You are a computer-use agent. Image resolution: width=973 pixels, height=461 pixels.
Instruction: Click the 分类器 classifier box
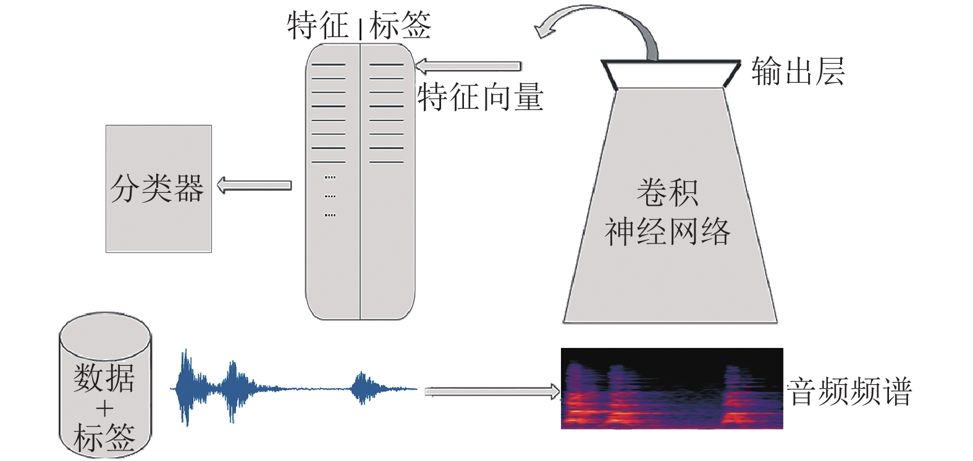159,188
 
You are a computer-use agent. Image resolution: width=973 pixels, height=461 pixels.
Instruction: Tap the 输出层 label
798,72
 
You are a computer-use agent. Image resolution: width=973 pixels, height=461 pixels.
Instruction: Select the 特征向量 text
481,97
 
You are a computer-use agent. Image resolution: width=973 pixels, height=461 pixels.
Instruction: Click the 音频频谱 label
849,391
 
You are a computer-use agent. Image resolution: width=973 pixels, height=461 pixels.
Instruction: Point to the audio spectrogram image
672,389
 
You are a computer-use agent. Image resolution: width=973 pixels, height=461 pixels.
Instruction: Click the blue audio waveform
293,387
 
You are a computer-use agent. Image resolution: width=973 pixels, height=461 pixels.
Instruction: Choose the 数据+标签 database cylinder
105,384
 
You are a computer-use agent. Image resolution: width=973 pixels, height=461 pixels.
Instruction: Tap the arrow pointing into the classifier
254,185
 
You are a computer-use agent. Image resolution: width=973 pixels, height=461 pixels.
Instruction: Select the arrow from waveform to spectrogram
492,392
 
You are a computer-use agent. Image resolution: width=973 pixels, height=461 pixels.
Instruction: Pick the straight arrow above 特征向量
468,66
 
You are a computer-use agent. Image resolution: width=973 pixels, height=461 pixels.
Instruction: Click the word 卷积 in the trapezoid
668,192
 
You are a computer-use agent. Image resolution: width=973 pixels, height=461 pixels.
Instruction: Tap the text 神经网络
668,232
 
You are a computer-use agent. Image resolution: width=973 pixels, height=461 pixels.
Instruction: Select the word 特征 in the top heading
318,25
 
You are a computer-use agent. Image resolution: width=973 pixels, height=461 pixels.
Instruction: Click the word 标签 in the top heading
400,25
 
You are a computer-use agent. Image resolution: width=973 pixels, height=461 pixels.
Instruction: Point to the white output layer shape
671,74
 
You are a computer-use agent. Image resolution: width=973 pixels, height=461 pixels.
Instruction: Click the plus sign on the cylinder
104,409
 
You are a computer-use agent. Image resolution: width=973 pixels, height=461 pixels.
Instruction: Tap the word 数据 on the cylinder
104,378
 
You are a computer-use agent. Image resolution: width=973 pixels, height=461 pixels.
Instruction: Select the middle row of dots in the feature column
330,197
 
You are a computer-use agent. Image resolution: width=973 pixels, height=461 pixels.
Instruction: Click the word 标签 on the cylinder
104,438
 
